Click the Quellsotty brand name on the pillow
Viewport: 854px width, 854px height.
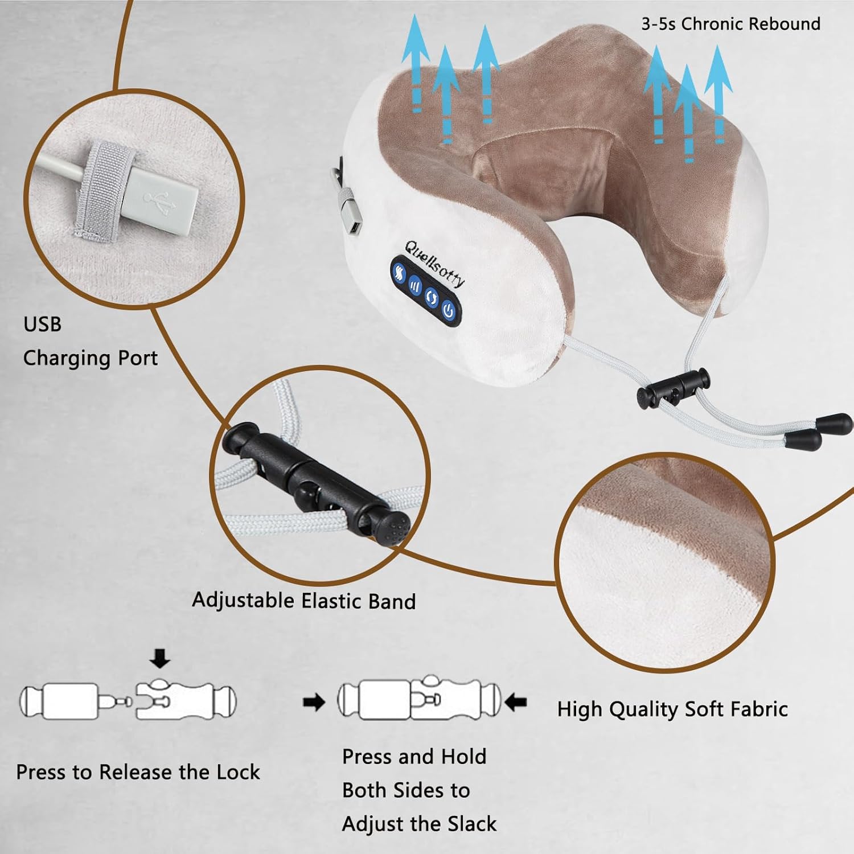[x=434, y=264]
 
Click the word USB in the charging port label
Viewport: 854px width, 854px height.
[x=42, y=324]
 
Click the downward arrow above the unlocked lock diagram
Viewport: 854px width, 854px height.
[x=160, y=660]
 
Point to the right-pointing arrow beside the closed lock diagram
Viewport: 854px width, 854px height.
[x=314, y=703]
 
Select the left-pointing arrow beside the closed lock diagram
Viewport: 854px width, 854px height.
[x=516, y=702]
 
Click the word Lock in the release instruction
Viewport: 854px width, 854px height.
[x=238, y=772]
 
